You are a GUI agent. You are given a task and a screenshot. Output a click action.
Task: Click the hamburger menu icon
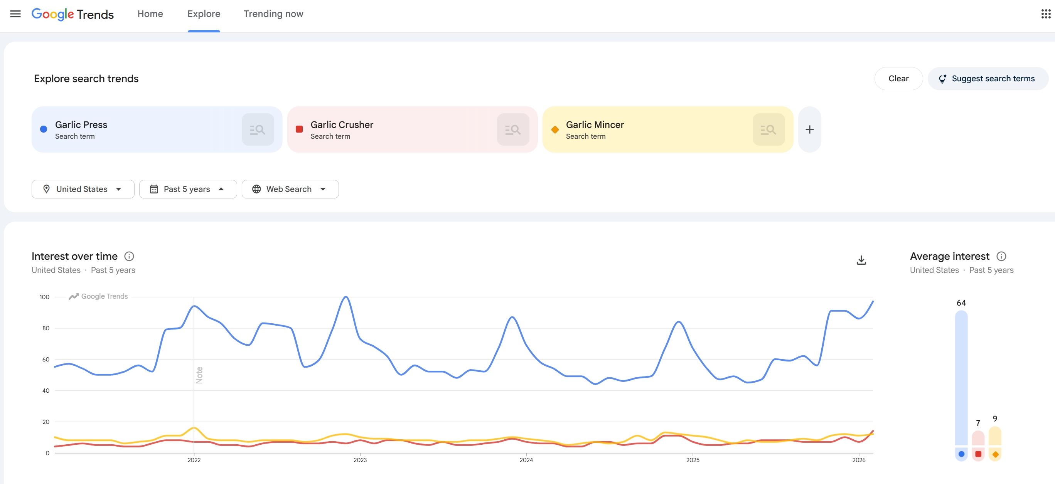click(x=15, y=14)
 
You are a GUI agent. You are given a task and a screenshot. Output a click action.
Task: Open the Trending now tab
click(x=273, y=14)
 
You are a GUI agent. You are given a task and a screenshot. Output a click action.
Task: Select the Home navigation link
click(x=150, y=14)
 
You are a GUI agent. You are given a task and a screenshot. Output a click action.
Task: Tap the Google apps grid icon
click(x=1046, y=14)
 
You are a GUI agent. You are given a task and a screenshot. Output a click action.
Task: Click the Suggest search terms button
click(x=988, y=79)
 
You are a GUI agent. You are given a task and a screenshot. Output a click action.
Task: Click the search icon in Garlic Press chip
click(x=257, y=130)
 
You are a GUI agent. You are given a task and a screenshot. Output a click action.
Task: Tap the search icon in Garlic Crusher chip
click(x=513, y=130)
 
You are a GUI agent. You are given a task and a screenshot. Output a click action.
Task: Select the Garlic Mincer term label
click(x=595, y=125)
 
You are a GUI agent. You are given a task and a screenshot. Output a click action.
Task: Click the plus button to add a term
click(x=809, y=130)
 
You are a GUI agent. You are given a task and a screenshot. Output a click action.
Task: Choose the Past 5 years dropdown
click(x=187, y=189)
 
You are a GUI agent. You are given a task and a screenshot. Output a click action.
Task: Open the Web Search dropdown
click(x=290, y=189)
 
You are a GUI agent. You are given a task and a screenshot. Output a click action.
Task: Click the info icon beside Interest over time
click(x=129, y=256)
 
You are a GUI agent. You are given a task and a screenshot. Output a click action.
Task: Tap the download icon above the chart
click(x=861, y=260)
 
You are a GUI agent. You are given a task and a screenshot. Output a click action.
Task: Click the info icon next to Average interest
click(x=1001, y=256)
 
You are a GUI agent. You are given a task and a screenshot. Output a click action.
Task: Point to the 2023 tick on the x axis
click(x=360, y=460)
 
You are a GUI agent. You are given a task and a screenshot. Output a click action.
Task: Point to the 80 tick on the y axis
click(x=46, y=328)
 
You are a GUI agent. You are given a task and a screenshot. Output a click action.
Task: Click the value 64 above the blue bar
click(x=961, y=303)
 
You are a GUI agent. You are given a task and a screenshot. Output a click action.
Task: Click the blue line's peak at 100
click(x=346, y=297)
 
